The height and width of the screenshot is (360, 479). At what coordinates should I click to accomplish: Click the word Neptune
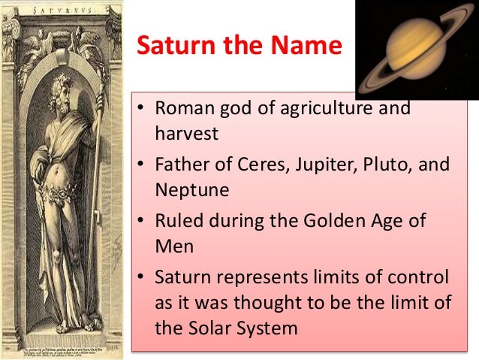[192, 190]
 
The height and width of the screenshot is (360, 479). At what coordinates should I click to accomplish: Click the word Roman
[180, 107]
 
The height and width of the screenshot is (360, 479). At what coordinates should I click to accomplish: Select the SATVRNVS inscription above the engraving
[62, 9]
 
